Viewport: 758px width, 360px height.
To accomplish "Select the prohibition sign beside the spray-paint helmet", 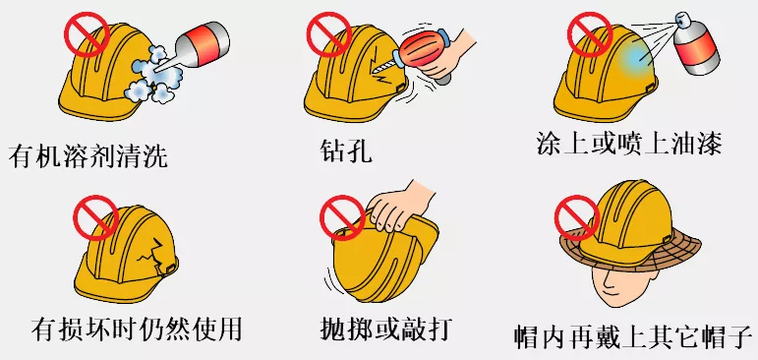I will (589, 35).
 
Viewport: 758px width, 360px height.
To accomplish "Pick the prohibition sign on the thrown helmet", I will (343, 215).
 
